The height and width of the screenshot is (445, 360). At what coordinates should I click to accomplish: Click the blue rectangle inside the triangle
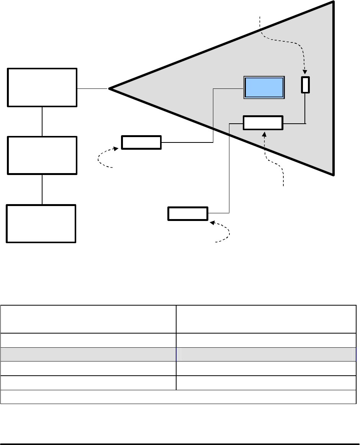(265, 87)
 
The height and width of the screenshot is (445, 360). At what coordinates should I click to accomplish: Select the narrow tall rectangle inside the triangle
(305, 85)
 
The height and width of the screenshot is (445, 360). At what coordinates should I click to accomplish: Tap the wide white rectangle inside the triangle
(263, 123)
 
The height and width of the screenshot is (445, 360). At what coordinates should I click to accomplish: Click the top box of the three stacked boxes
(42, 87)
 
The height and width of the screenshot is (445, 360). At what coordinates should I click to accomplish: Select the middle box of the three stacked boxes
(42, 155)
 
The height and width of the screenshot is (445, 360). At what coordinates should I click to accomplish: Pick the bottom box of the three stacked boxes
(41, 224)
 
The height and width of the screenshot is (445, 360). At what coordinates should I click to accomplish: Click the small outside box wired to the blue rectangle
(141, 142)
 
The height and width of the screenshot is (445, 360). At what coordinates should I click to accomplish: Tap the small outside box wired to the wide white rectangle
(188, 213)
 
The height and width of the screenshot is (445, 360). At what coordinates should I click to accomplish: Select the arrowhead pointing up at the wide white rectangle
(263, 133)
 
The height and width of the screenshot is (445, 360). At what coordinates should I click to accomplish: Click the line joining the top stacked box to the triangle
(93, 89)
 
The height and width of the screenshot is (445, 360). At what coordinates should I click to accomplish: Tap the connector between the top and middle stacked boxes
(42, 121)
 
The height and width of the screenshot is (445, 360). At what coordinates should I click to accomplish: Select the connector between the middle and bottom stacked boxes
(42, 189)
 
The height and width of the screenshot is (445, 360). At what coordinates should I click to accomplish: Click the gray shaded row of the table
(178, 354)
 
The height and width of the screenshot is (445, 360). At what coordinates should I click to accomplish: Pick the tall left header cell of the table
(88, 319)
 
